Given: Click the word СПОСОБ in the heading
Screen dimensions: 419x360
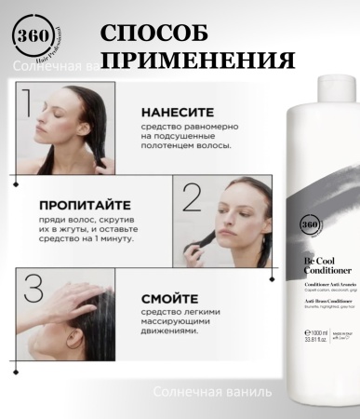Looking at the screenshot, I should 154,34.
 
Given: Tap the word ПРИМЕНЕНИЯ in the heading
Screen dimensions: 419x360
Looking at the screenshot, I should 197,62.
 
